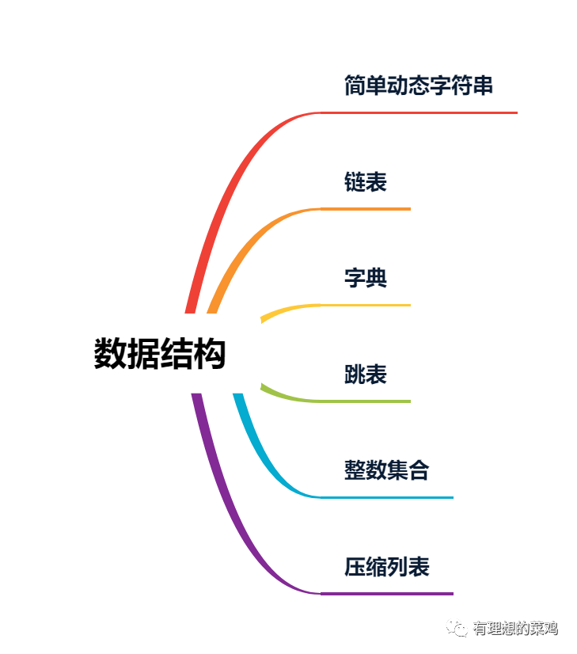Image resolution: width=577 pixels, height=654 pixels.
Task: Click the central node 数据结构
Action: [x=160, y=353]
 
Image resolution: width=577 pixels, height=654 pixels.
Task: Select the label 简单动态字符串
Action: [x=419, y=86]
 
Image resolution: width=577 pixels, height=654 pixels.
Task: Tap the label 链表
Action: [x=365, y=182]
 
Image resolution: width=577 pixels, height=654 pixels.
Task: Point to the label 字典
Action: [x=365, y=278]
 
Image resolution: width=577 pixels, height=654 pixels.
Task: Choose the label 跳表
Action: [x=365, y=375]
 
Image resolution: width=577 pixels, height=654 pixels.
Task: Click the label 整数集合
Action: [x=386, y=470]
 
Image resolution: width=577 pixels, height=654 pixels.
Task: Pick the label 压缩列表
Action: [x=386, y=567]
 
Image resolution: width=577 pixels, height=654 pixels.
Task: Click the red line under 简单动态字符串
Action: [x=419, y=112]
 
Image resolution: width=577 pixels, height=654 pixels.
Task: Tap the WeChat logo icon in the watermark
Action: [x=457, y=628]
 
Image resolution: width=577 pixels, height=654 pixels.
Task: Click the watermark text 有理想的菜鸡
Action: [x=515, y=629]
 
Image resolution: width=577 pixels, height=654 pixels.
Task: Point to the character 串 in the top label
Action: [x=483, y=86]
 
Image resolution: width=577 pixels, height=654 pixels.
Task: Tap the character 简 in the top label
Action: [x=355, y=86]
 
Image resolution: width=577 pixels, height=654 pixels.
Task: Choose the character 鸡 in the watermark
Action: [x=551, y=629]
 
